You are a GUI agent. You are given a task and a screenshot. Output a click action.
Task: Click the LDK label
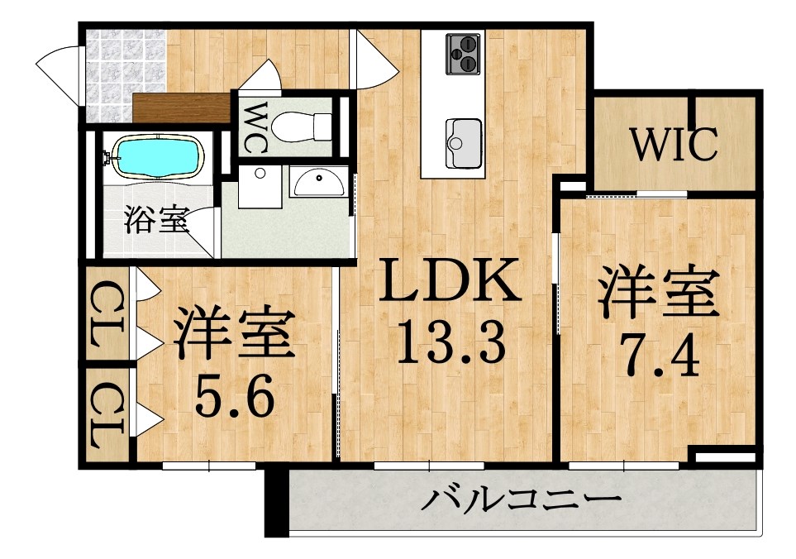[x=450, y=281]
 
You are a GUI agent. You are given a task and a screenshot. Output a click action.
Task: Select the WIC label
[x=674, y=144]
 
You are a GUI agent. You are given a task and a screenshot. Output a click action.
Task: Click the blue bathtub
[x=157, y=156]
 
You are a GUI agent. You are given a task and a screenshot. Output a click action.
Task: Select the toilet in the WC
[x=302, y=127]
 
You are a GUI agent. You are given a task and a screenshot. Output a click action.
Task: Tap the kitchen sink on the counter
[x=463, y=143]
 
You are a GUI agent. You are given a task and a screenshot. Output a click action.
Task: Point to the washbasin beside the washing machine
[x=319, y=182]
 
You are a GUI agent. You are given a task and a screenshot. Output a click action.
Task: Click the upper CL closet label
[x=107, y=315]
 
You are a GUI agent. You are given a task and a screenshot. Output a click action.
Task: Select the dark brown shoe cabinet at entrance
[x=181, y=107]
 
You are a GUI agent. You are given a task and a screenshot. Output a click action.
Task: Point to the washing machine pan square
[x=260, y=186]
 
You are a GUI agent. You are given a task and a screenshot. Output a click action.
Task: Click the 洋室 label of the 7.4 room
[x=660, y=293]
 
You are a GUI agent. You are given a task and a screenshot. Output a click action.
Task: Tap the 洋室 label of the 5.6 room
[x=234, y=332]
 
